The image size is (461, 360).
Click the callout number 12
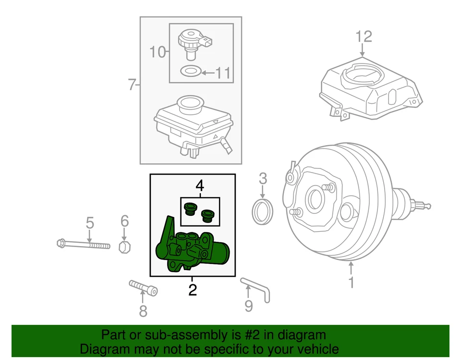(x=364, y=36)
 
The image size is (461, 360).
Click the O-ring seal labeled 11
(x=190, y=72)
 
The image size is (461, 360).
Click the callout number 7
(x=132, y=85)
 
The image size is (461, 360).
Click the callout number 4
(x=199, y=185)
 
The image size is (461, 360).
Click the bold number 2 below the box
(x=192, y=290)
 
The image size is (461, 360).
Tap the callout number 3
(x=262, y=179)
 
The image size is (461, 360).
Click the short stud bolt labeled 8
(x=143, y=288)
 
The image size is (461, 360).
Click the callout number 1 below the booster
(x=351, y=282)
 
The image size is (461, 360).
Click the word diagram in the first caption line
(x=298, y=335)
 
